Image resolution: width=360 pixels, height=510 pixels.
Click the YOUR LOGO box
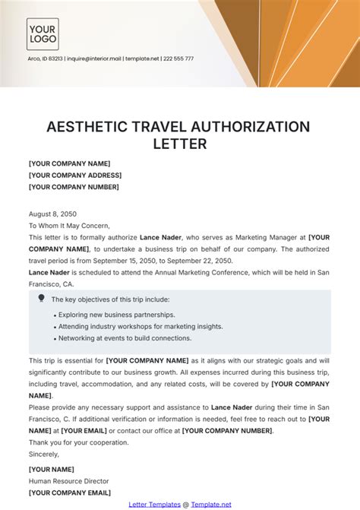point(43,34)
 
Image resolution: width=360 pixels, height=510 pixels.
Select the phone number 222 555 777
point(178,59)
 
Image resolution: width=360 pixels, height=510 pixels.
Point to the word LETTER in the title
point(179,144)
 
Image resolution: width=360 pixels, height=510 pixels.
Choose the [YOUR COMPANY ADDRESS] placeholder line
point(74,175)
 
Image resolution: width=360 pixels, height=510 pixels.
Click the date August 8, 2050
point(52,214)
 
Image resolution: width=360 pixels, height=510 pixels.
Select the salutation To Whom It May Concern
point(69,225)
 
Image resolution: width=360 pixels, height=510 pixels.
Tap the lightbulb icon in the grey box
point(41,299)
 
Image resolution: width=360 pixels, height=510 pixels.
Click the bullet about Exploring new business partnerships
point(114,315)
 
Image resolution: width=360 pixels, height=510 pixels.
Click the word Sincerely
point(45,458)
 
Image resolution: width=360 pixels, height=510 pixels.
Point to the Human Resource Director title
point(68,480)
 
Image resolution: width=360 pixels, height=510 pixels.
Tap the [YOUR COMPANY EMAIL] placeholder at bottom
point(68,492)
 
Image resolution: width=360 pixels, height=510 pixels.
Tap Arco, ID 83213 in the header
point(45,59)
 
